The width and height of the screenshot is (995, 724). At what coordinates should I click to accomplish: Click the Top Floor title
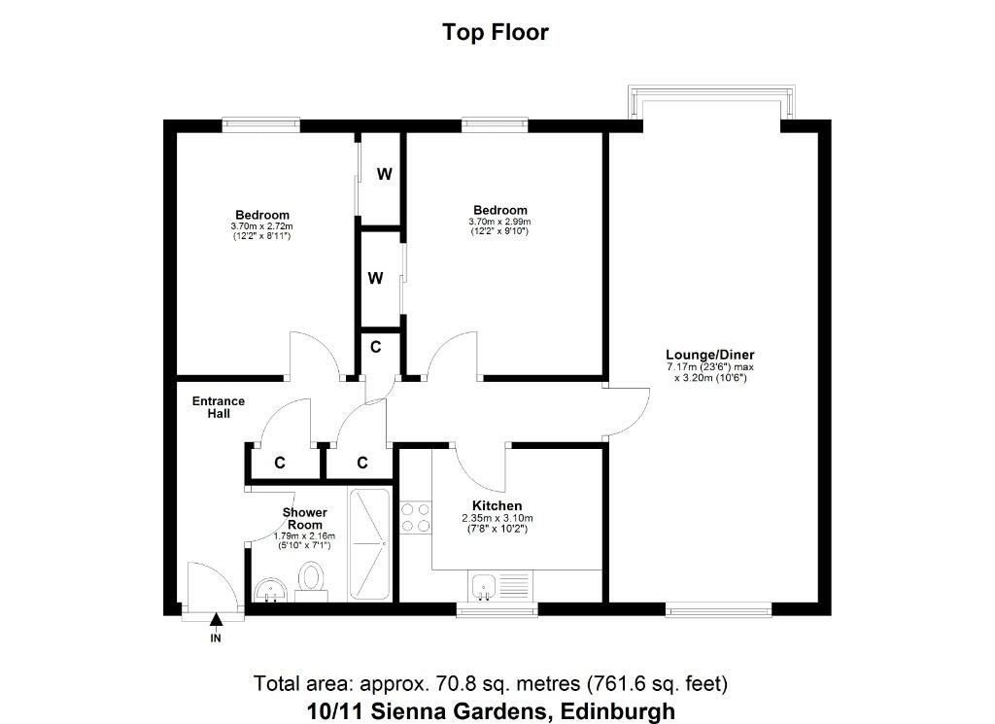pyautogui.click(x=496, y=32)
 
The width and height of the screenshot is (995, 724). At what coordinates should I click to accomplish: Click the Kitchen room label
pyautogui.click(x=497, y=506)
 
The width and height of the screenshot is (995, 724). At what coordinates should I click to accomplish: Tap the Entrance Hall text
pyautogui.click(x=219, y=407)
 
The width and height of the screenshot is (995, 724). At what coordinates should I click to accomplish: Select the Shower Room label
pyautogui.click(x=304, y=518)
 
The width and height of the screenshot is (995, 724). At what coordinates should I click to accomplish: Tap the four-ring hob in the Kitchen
pyautogui.click(x=416, y=517)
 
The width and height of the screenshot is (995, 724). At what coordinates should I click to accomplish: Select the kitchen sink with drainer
pyautogui.click(x=500, y=586)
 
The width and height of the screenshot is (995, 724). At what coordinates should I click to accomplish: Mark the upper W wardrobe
pyautogui.click(x=385, y=175)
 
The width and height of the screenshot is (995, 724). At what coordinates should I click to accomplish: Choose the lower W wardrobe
pyautogui.click(x=375, y=278)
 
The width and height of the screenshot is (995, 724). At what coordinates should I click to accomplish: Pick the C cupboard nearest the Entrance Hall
pyautogui.click(x=280, y=463)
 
